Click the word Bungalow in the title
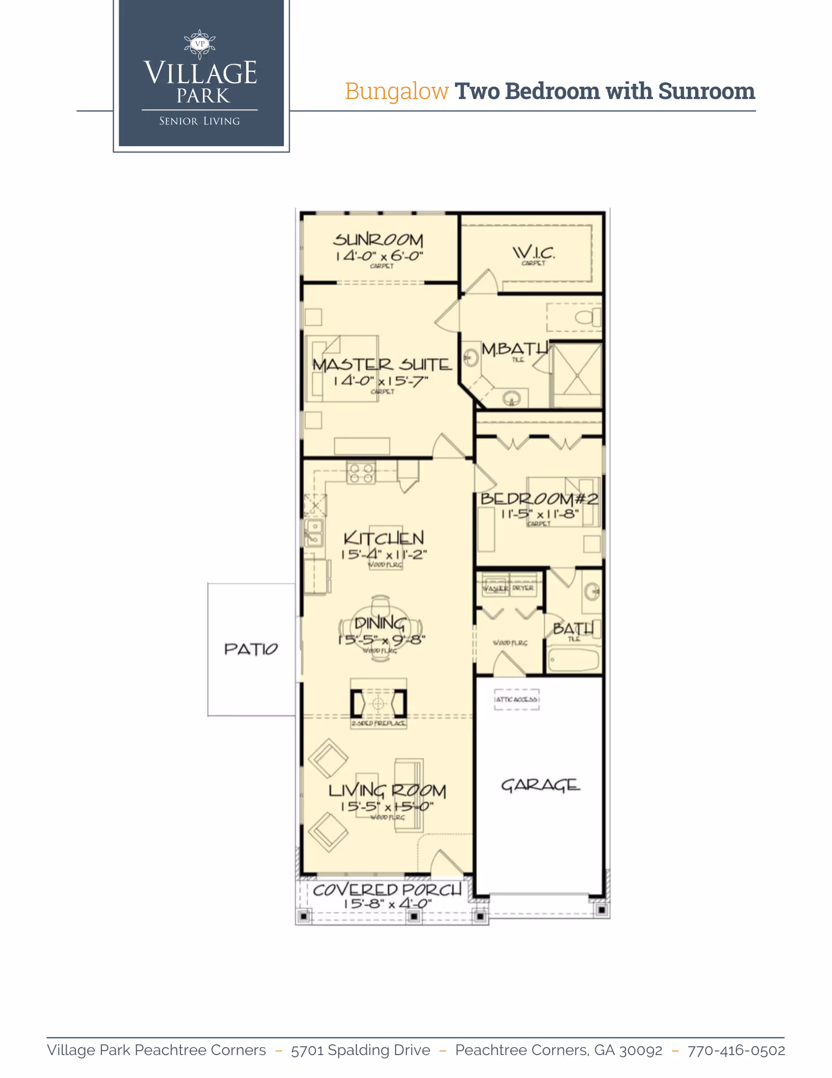(396, 91)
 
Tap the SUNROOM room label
(378, 240)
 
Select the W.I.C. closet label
(534, 253)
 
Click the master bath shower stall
(577, 375)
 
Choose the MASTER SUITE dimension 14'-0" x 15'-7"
(381, 381)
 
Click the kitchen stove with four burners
(361, 473)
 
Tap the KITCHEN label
(384, 538)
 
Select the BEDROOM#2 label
(539, 499)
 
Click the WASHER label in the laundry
(495, 588)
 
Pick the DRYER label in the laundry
(523, 588)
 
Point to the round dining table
(381, 629)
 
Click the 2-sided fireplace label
(378, 724)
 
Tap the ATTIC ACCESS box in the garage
(516, 699)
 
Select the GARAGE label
(540, 785)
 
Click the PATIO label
(251, 649)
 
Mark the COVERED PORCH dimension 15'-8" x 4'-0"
(387, 904)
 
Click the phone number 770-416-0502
(736, 1050)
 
